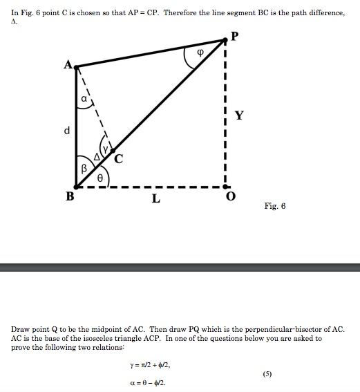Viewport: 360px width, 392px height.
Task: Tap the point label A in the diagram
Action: tap(67, 65)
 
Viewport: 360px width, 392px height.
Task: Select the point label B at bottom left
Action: tap(69, 196)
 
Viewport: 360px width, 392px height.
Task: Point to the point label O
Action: tap(231, 198)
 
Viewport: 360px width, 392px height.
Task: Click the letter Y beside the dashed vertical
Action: tap(238, 115)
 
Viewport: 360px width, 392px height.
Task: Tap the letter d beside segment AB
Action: tap(67, 131)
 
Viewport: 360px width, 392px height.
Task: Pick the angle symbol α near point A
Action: tap(84, 100)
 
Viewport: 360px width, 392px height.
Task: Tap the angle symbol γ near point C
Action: tap(104, 149)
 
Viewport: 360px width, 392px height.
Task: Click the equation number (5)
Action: tap(267, 373)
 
